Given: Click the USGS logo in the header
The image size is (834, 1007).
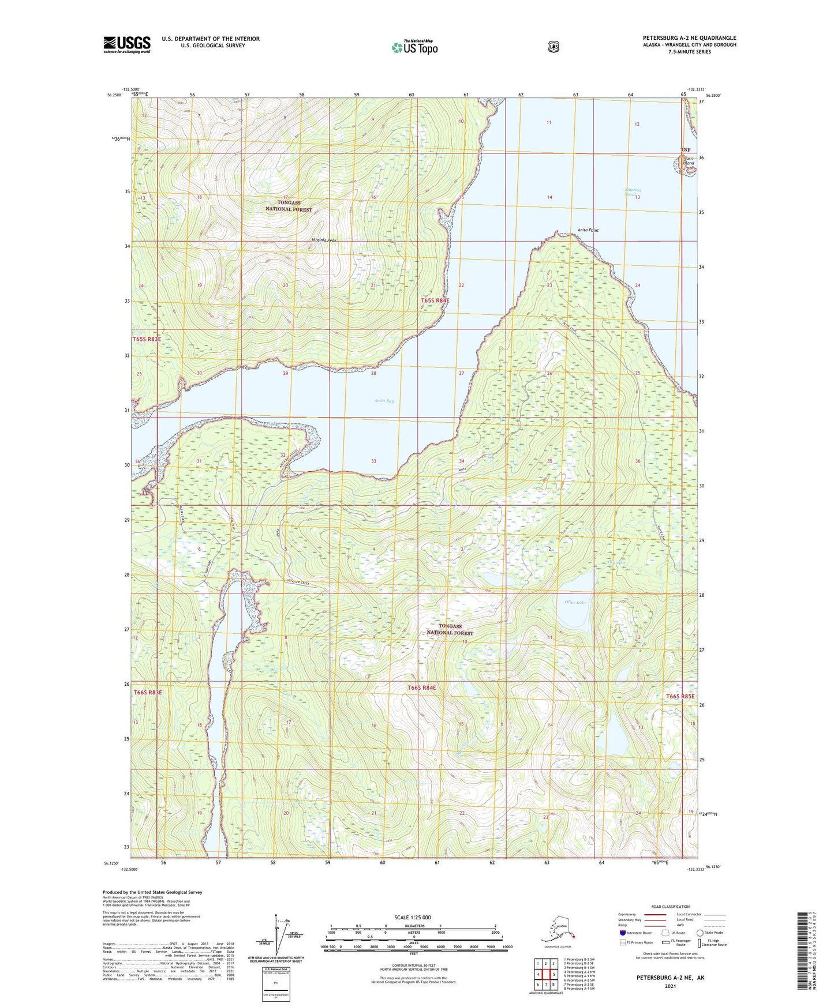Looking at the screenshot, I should [x=126, y=44].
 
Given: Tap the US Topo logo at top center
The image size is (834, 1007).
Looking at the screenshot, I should [x=414, y=47].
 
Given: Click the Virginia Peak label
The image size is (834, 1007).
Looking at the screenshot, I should [x=323, y=240].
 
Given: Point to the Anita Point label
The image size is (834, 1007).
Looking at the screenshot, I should [x=588, y=230].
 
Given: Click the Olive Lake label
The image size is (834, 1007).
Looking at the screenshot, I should [x=575, y=602].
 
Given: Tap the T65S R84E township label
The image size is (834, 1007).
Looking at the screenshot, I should [x=435, y=300].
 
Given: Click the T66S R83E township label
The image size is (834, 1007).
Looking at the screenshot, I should [x=148, y=692].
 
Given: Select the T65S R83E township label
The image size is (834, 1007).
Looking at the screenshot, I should [x=147, y=339].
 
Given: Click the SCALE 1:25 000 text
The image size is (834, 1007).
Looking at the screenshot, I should [x=412, y=917].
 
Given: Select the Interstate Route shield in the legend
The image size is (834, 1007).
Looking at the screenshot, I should [x=622, y=932].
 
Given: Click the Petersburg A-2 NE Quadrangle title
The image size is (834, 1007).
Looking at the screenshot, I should [x=689, y=38].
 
